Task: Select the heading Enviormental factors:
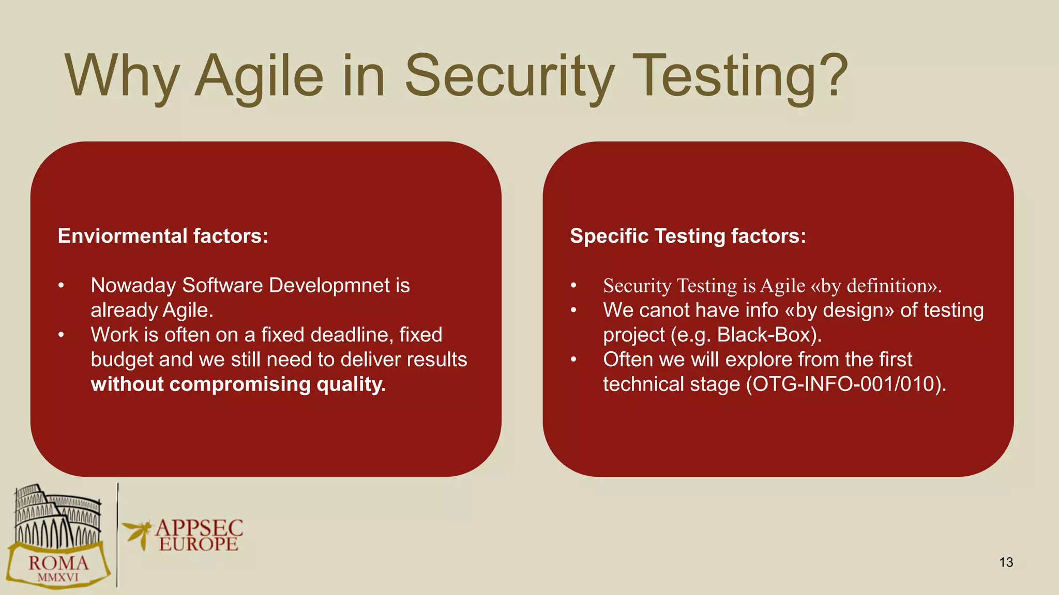pos(163,236)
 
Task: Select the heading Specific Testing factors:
pos(688,236)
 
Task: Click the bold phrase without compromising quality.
pos(238,384)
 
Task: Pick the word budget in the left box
pos(122,359)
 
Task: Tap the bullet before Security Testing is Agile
pos(573,286)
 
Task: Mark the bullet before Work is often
pos(61,335)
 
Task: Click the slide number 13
pos(1006,562)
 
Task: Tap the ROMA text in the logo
pos(58,563)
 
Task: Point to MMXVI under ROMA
pos(58,577)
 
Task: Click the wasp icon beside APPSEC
pos(137,533)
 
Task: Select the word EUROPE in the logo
pos(199,544)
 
